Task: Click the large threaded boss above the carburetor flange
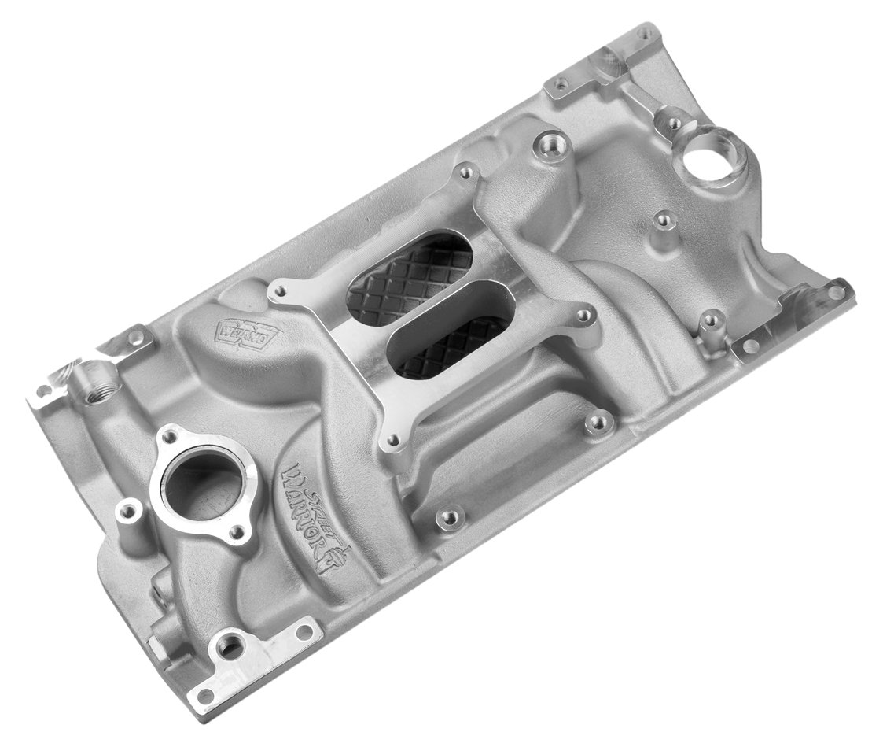[x=543, y=146]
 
